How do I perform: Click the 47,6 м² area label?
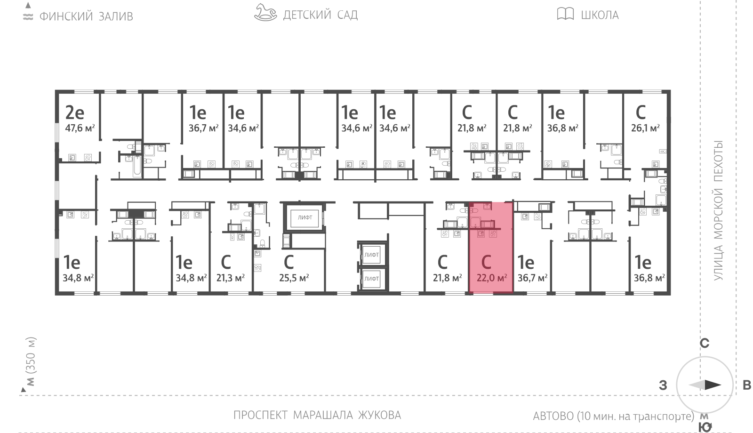pos(80,128)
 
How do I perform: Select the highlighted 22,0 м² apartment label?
pos(491,278)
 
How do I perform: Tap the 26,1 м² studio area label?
pos(645,128)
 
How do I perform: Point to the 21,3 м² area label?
pos(231,278)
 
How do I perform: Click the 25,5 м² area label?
pos(294,278)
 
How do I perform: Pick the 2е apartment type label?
pos(74,112)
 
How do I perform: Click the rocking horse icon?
pos(265,13)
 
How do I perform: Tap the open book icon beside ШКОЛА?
pos(565,14)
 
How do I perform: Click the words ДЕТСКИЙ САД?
pos(320,15)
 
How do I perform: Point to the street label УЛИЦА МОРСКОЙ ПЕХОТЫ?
pos(718,210)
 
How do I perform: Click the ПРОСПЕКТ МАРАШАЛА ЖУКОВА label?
pos(317,415)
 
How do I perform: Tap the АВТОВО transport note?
pos(613,416)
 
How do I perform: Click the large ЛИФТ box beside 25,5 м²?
pos(304,217)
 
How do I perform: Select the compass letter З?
pos(663,385)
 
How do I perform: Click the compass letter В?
pos(746,385)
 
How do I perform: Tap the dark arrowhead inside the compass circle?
pos(713,385)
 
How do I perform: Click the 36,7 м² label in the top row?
pos(203,128)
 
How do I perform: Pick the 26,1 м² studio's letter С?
pos(641,112)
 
